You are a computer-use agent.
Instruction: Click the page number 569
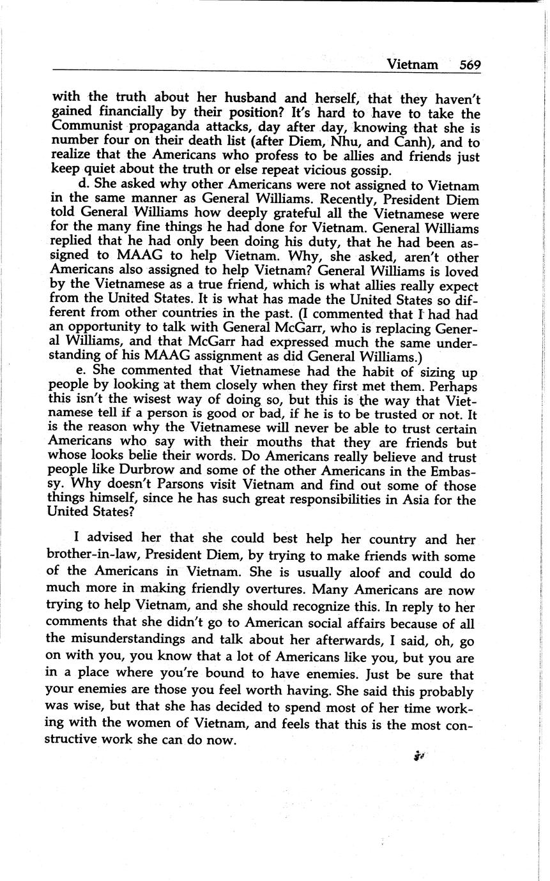(x=469, y=64)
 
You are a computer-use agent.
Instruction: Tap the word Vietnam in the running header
(x=413, y=64)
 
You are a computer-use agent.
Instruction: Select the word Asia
(x=410, y=500)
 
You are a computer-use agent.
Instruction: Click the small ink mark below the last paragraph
(x=419, y=756)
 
